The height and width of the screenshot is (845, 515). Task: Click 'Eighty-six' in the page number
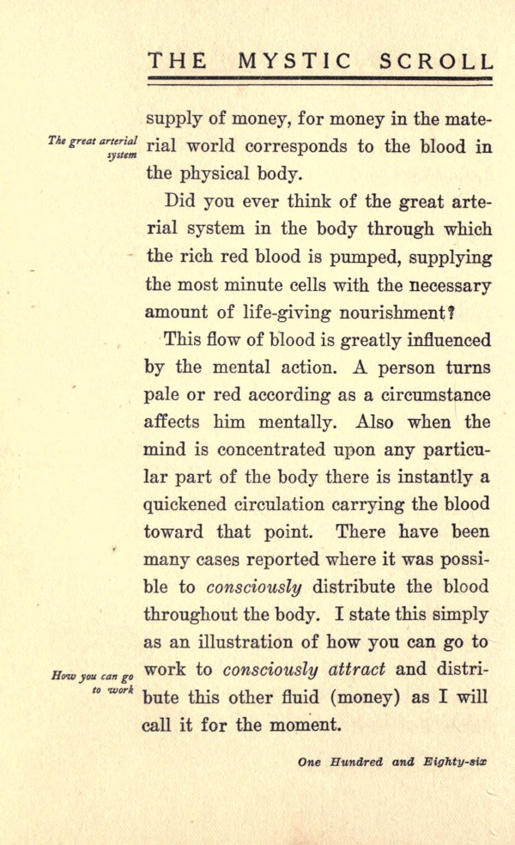click(x=453, y=762)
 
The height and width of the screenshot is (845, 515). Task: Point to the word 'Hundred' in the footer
click(x=352, y=762)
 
